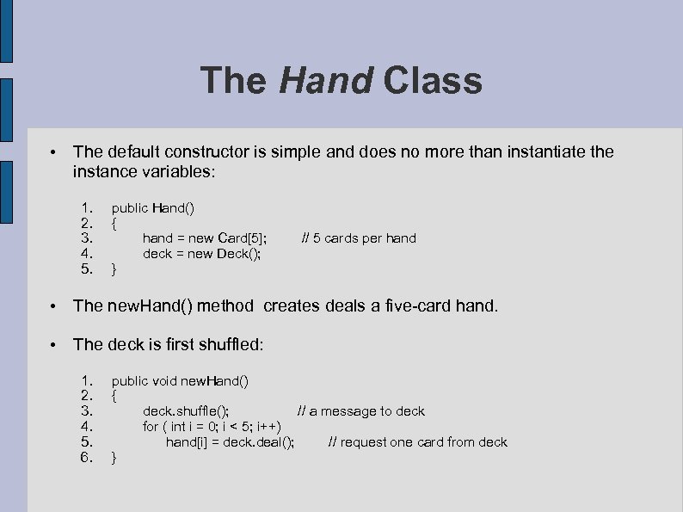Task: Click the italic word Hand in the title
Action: [x=326, y=81]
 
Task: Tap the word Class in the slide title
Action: [x=433, y=81]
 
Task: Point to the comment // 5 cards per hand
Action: [x=359, y=238]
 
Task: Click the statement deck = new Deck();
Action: [x=201, y=254]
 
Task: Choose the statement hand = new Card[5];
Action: [x=205, y=238]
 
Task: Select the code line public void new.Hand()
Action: [x=180, y=380]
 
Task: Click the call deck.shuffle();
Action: [x=186, y=411]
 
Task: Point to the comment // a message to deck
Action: [x=361, y=411]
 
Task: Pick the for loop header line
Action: [x=212, y=427]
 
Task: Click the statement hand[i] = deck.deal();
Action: [x=230, y=442]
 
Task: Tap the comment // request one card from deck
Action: [x=418, y=442]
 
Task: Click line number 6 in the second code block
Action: [x=85, y=458]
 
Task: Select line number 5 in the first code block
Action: [x=85, y=269]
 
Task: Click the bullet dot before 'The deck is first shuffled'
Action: [x=53, y=345]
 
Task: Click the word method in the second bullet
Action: [x=225, y=305]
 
